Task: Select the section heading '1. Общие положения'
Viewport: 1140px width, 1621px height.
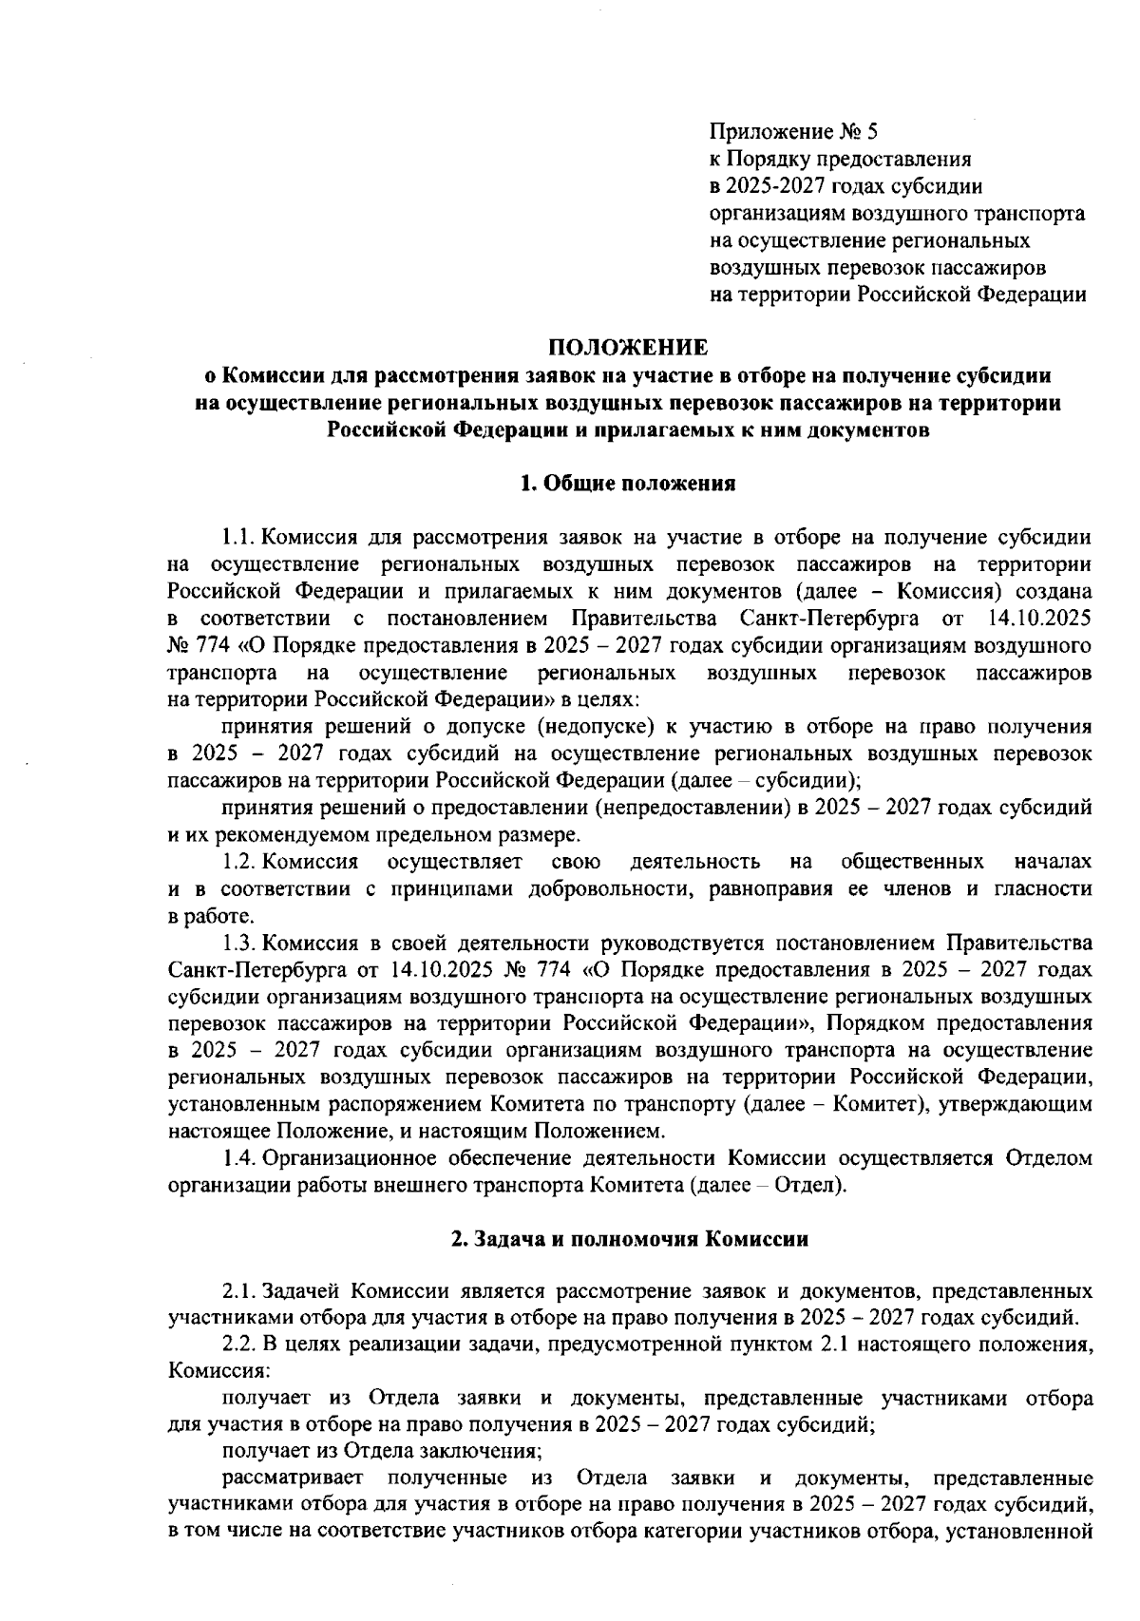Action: pos(628,484)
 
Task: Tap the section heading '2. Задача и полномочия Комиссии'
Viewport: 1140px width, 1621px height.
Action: pos(629,1240)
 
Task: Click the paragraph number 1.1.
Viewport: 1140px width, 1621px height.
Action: pos(238,538)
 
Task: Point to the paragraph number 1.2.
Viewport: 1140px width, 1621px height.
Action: pos(238,862)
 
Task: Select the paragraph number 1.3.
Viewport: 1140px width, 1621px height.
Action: pos(238,944)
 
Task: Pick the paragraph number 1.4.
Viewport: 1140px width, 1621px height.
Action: pos(238,1158)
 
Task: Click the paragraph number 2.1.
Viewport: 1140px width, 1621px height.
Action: pos(238,1291)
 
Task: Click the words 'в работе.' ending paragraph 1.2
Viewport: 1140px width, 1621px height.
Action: pos(199,917)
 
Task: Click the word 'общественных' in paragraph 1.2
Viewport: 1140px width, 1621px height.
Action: pos(912,862)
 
